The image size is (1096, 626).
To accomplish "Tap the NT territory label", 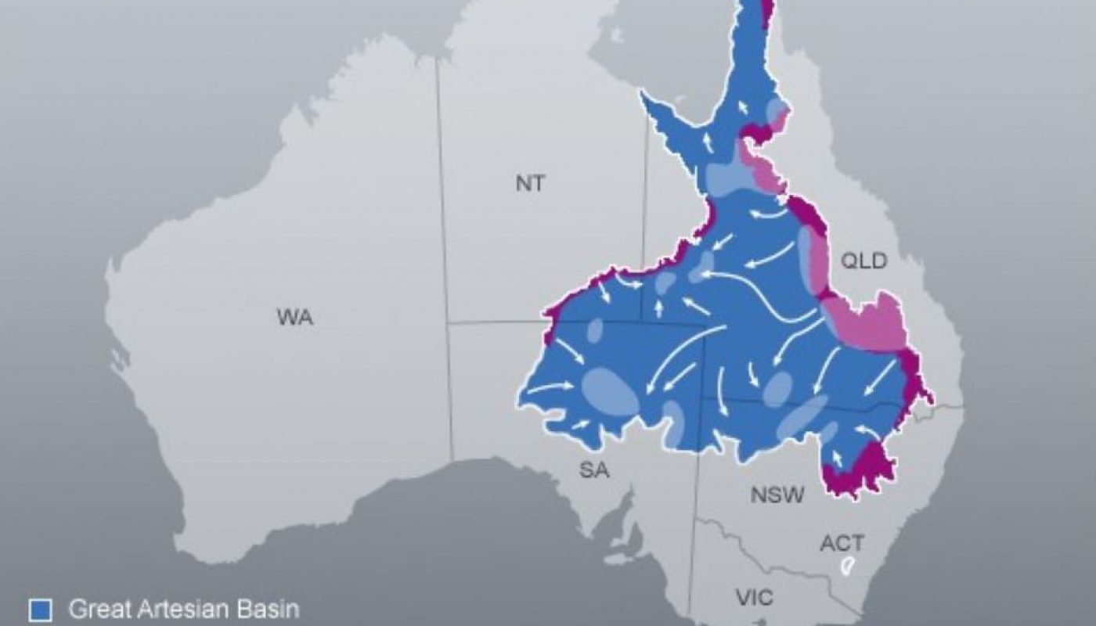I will [x=531, y=184].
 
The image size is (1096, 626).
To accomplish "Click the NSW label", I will [x=777, y=495].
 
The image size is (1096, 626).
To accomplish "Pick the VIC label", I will [x=755, y=599].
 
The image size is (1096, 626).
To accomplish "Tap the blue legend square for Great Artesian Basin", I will [x=40, y=609].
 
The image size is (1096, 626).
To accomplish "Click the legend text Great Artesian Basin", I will [x=184, y=609].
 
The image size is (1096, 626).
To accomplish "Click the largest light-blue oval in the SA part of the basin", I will [x=611, y=390].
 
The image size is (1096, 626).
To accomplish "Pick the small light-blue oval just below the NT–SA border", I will [x=594, y=331].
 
